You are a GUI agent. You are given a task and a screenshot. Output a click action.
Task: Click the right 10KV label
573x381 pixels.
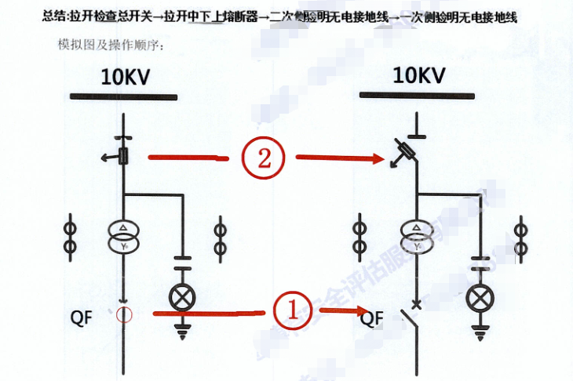coord(419,75)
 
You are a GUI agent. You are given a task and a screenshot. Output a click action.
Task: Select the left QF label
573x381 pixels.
coord(82,317)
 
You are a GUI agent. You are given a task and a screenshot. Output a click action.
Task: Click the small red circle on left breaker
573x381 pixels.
coord(123,315)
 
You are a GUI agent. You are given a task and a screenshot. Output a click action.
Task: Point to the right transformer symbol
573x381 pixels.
coord(416,236)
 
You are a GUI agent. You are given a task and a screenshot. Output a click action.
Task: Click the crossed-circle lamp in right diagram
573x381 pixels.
coord(478,297)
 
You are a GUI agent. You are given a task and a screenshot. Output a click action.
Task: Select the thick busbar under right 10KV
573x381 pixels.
coord(417,96)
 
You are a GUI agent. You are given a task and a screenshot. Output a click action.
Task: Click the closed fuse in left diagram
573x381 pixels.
coord(123,156)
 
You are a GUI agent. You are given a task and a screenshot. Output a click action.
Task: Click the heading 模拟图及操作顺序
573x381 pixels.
coord(109,46)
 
